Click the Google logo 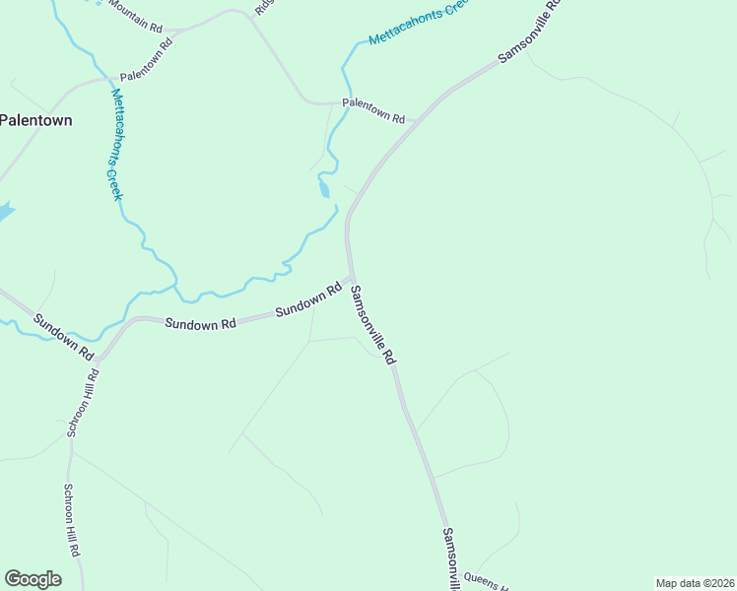pos(33,579)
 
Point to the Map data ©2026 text pos(695,583)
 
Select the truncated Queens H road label pos(485,581)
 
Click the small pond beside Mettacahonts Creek pos(324,189)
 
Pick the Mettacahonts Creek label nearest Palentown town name pos(117,145)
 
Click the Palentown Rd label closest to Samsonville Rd pos(373,110)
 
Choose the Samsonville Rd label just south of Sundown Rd pos(372,326)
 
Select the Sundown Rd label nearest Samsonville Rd pos(307,299)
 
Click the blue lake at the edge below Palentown pos(4,211)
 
